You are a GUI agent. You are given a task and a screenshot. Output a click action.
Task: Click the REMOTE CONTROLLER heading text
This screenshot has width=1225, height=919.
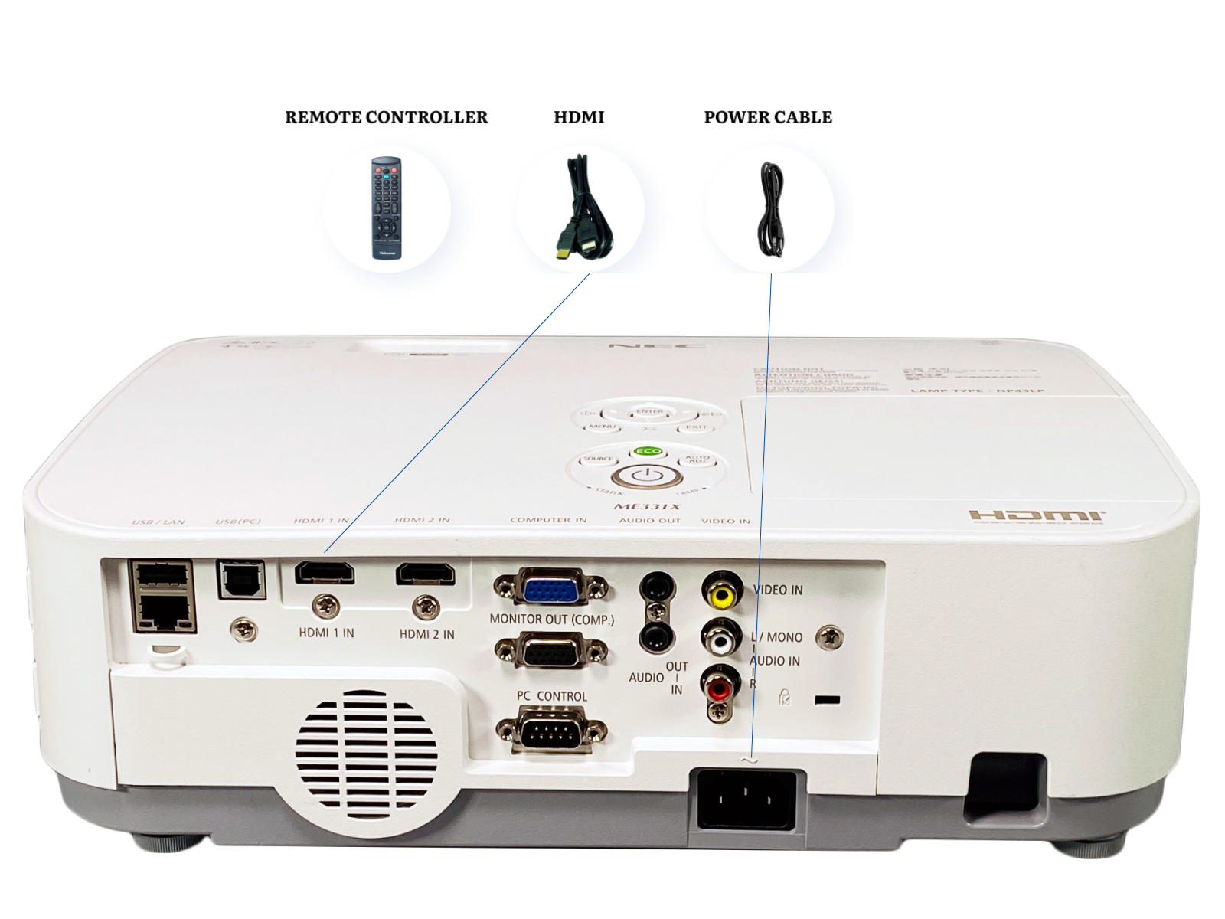[386, 117]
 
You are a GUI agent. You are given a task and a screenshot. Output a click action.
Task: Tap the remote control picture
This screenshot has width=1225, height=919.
[386, 208]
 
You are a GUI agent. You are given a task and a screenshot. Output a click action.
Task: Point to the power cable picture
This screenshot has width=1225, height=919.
[771, 209]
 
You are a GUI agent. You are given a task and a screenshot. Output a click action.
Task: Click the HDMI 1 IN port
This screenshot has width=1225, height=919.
[325, 573]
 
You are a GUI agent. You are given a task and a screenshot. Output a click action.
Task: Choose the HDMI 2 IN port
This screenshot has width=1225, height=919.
[425, 574]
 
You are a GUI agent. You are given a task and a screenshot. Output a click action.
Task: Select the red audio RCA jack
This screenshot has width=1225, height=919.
[719, 688]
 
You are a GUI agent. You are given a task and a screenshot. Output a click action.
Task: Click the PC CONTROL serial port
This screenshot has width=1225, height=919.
[550, 731]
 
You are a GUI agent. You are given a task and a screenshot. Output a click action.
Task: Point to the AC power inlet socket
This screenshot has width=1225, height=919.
[746, 800]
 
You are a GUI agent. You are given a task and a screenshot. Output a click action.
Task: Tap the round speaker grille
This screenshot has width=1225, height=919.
[366, 754]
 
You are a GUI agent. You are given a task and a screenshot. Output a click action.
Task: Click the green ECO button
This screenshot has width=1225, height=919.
[648, 451]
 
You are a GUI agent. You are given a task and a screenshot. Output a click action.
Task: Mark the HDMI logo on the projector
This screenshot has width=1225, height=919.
[1036, 515]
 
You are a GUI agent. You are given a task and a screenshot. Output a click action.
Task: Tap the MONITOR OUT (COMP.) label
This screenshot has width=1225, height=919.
[551, 620]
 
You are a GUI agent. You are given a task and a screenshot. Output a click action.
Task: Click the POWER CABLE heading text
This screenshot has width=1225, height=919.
[768, 117]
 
